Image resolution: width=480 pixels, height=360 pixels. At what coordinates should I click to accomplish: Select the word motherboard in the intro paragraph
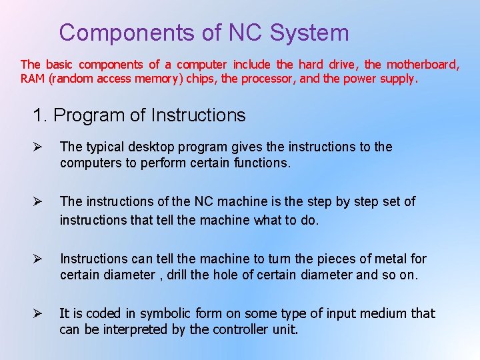coord(422,65)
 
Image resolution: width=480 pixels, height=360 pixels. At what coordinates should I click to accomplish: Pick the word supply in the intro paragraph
coord(397,79)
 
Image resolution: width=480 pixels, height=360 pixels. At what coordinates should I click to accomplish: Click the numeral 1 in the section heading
coord(37,115)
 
